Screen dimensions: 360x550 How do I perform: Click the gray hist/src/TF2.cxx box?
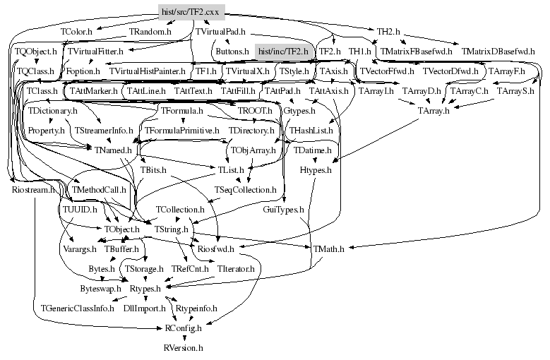point(191,12)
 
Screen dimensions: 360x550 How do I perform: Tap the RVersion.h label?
point(183,348)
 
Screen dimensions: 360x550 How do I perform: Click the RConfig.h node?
point(183,328)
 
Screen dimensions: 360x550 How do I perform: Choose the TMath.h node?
point(328,249)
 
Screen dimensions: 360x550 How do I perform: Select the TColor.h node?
point(78,32)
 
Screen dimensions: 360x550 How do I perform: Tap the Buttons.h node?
point(232,52)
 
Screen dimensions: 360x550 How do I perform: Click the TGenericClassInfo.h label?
point(77,308)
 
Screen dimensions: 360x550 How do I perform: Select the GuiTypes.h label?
point(283,210)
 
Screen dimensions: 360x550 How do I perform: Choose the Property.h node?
point(47,131)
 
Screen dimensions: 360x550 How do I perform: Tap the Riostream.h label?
point(33,190)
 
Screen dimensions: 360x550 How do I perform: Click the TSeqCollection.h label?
point(246,190)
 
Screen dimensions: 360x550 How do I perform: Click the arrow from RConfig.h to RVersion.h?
point(183,338)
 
